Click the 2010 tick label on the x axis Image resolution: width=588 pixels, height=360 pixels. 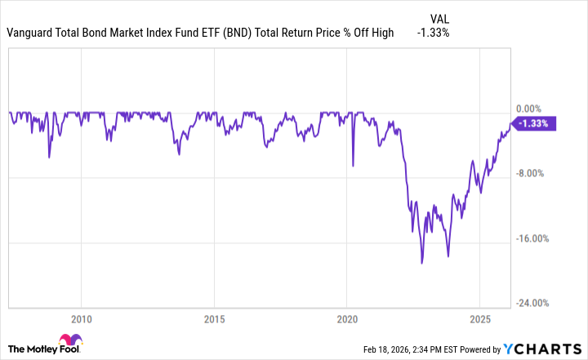(81, 318)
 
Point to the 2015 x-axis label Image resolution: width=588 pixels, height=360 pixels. (214, 318)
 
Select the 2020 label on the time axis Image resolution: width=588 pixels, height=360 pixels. (347, 318)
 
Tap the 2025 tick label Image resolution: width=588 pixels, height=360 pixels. (479, 318)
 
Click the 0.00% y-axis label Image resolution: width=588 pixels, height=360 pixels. (530, 109)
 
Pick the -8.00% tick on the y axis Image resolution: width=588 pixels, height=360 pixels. (530, 173)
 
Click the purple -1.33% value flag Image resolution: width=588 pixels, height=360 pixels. (533, 123)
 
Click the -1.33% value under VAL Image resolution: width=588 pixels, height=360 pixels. (433, 33)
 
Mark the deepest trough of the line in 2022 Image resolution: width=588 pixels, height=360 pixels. (422, 263)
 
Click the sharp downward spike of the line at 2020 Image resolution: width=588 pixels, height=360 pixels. (353, 166)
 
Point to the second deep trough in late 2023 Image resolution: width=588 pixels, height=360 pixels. (448, 256)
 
